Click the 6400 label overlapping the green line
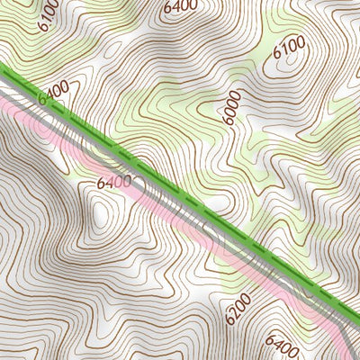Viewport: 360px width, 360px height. pos(53,93)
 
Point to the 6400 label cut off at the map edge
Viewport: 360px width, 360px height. pos(180,5)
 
